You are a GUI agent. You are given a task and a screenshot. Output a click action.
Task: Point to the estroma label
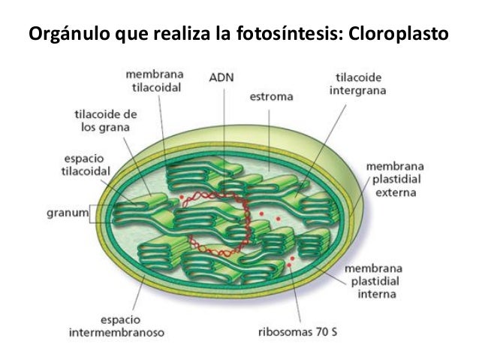coord(271,96)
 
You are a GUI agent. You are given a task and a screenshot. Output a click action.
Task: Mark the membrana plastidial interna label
coord(375,281)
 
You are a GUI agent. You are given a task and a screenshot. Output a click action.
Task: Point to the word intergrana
coord(357,91)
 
